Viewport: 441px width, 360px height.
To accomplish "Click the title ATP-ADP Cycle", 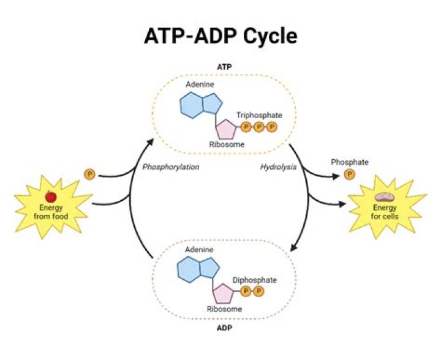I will click(221, 36).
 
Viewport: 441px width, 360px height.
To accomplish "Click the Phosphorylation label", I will click(171, 167).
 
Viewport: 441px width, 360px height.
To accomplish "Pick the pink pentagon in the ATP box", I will click(225, 129).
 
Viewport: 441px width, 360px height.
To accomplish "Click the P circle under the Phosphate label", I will click(350, 174).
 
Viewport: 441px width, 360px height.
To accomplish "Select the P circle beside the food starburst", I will click(89, 175).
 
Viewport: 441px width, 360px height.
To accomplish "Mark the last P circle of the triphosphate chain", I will click(272, 127).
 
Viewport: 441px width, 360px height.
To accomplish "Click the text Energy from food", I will click(51, 212).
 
